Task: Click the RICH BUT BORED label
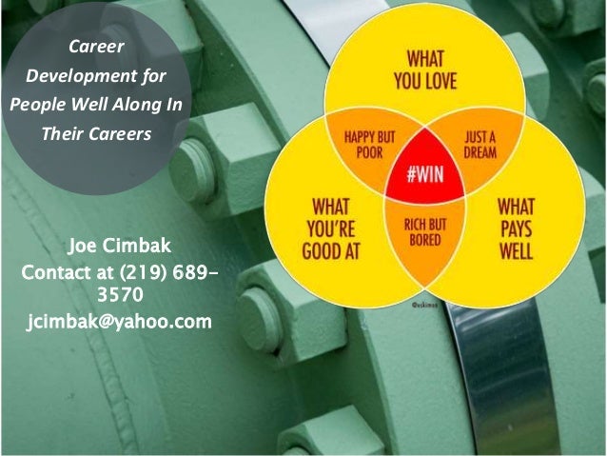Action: [424, 229]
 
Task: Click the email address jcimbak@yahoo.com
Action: [119, 321]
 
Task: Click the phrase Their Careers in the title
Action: [96, 133]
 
